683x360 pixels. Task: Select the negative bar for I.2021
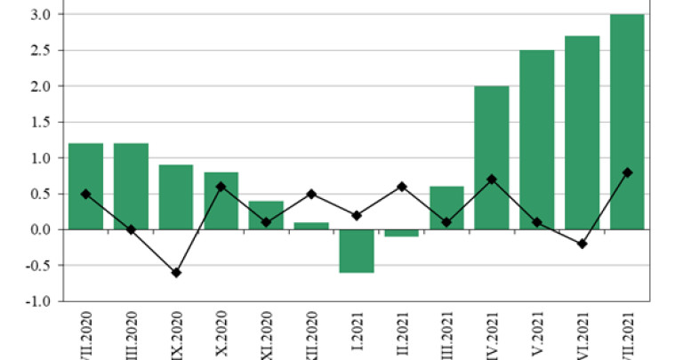pos(356,251)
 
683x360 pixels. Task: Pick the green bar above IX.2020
pos(175,196)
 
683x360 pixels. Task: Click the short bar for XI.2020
pos(266,215)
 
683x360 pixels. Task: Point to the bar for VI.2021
pos(582,132)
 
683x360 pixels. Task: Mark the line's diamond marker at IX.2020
pos(175,273)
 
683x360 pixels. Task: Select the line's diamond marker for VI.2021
pos(582,244)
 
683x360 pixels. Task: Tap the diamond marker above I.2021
pos(356,215)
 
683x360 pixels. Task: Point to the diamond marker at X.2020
pos(221,187)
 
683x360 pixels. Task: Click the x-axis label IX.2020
pos(176,332)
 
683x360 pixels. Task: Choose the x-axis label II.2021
pos(401,333)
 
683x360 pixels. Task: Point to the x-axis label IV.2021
pos(492,332)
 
